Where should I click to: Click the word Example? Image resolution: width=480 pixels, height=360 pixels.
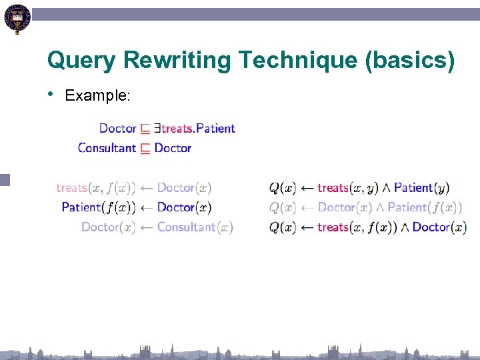[x=97, y=96]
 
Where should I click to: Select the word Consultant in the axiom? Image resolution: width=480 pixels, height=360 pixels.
[x=107, y=148]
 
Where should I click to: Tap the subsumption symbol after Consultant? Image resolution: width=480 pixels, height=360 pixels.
[x=145, y=148]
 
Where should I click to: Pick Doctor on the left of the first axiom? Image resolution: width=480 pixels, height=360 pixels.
[x=117, y=128]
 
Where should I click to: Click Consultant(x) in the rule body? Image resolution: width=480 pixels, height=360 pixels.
[x=195, y=227]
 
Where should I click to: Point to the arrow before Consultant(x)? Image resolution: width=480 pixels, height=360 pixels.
[x=146, y=227]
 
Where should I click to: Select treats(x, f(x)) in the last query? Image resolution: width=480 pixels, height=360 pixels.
[x=357, y=227]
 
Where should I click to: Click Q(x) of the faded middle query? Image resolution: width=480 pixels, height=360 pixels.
[x=283, y=207]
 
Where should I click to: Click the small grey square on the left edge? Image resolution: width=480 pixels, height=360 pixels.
[x=5, y=179]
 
